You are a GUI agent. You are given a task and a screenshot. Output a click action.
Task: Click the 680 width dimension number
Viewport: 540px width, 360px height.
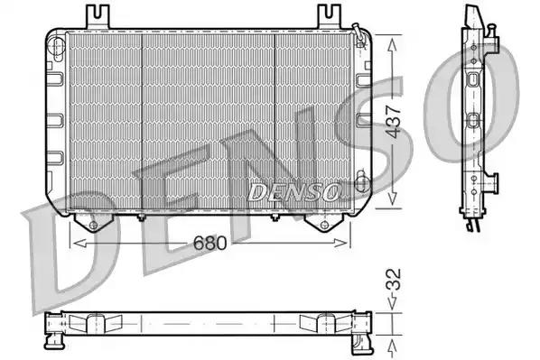point(209,243)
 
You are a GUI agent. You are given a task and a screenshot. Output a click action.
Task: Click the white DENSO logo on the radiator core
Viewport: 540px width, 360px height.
point(293,192)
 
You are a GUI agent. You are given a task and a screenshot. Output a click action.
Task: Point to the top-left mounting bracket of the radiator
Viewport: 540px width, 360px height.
point(98,17)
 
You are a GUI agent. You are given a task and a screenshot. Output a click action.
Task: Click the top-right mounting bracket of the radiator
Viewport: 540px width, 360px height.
point(329,17)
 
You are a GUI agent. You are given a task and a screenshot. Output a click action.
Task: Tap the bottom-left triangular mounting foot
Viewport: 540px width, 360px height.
point(92,223)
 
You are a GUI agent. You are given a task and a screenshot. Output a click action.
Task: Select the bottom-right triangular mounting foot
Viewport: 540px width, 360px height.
point(323,223)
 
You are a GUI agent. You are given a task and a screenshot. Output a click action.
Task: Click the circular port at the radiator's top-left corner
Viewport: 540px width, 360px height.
point(56,45)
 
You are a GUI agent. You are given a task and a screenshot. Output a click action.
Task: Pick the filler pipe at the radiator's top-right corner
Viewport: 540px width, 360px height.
point(358,33)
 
